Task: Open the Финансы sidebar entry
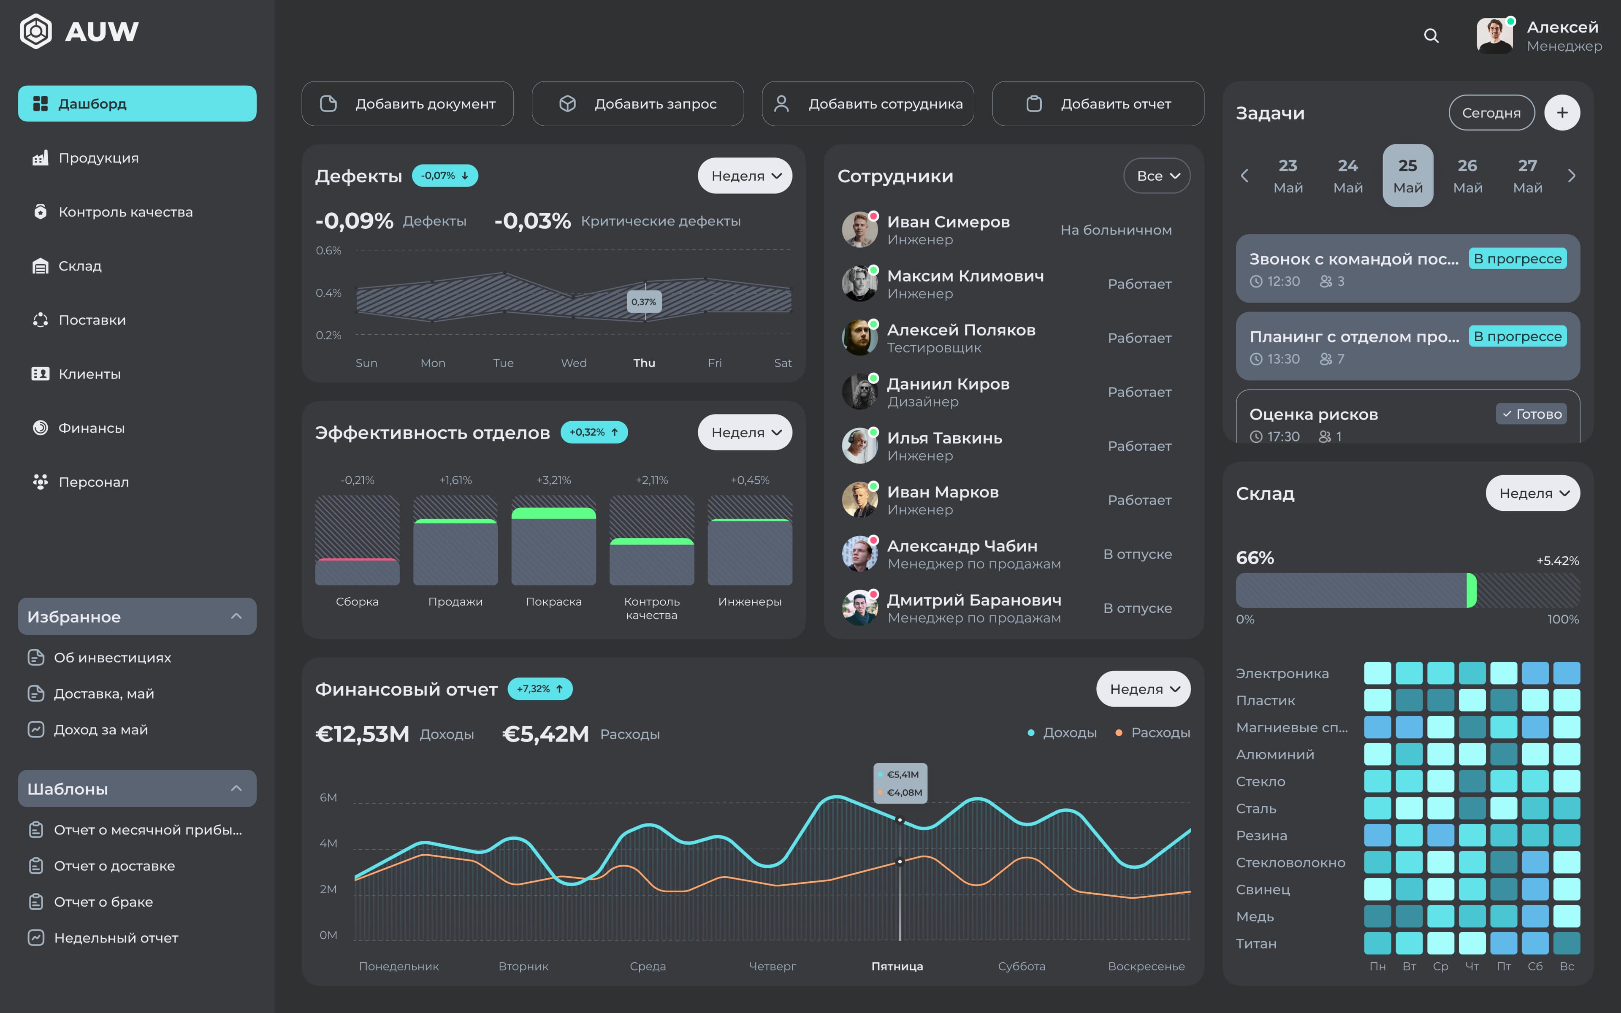91,428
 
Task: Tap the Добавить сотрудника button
867,104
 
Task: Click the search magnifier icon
1431,35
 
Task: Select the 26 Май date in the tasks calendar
1467,176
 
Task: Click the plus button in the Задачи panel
1561,113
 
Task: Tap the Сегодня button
1491,113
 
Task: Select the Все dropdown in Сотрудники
1157,176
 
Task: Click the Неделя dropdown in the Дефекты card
745,176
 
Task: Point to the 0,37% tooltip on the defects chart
644,302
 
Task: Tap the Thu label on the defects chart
644,363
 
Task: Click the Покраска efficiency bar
553,546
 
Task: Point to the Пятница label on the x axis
897,966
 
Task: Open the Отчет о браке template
103,902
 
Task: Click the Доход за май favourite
100,730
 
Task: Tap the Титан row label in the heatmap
1256,943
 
